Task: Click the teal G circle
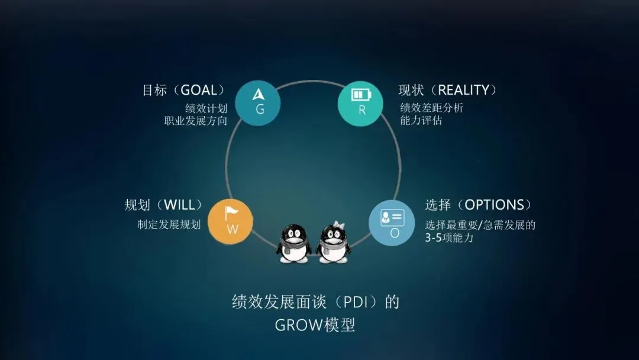pos(257,102)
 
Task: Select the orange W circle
pos(231,221)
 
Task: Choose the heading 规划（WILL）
pos(164,205)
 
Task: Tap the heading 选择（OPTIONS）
pos(479,205)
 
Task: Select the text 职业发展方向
pos(196,121)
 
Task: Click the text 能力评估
pos(421,121)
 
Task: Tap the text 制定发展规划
pos(169,225)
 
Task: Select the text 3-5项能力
pos(449,238)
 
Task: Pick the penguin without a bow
pos(294,243)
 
